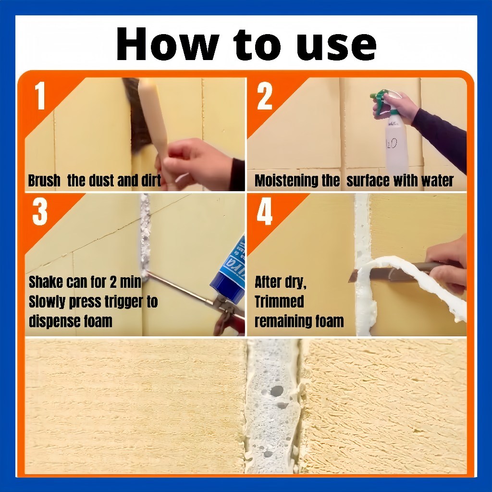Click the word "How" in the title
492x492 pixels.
point(168,44)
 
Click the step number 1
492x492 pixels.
point(40,96)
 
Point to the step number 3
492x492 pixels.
point(39,211)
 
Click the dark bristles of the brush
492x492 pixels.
point(136,116)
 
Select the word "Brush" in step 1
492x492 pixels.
point(44,181)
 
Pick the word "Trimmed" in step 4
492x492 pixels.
point(279,302)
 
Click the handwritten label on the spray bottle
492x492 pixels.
point(391,144)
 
